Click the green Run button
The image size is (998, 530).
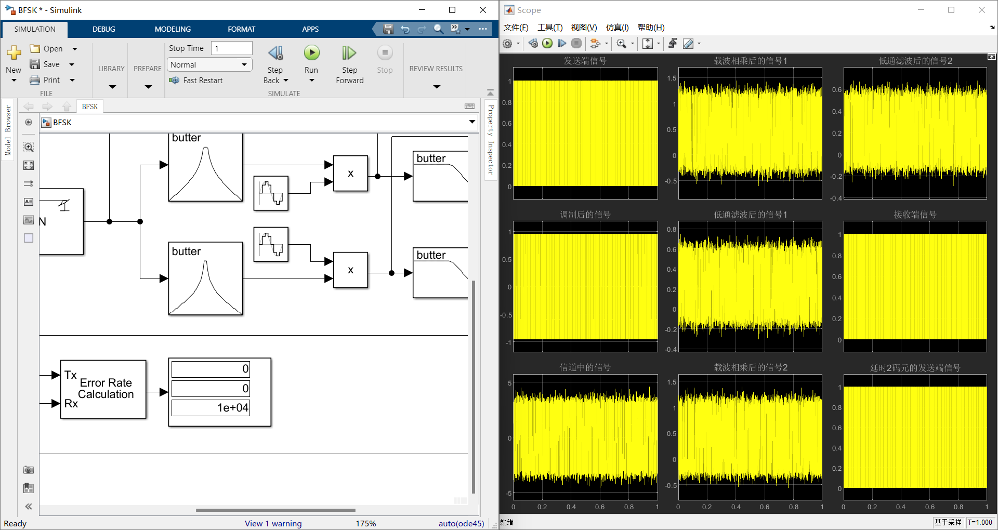point(311,53)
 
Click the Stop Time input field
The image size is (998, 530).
point(231,48)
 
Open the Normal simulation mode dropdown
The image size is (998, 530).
point(209,64)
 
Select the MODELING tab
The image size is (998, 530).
point(173,29)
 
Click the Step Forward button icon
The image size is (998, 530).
point(349,53)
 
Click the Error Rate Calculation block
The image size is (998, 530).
point(103,389)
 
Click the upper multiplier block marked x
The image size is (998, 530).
point(350,174)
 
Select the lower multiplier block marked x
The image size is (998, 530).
point(350,270)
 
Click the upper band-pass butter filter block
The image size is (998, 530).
point(205,167)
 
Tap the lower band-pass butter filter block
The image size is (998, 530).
point(205,279)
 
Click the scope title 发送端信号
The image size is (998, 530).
point(585,61)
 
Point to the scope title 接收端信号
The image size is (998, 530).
point(915,215)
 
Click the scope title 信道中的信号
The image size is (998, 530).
point(585,367)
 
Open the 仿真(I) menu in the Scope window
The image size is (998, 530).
point(617,28)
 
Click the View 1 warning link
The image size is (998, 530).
point(273,523)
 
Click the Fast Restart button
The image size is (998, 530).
point(196,81)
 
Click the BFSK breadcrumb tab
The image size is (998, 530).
point(89,107)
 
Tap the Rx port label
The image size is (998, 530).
point(71,404)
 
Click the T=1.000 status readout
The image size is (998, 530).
point(980,522)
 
